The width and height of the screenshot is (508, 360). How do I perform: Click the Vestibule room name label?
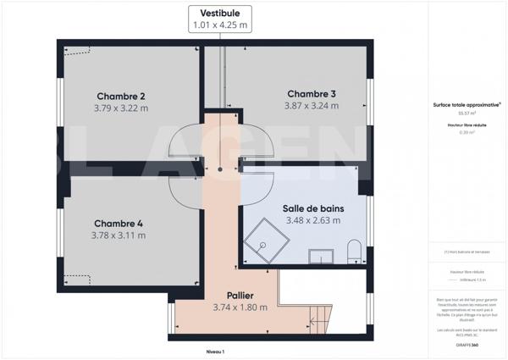pyautogui.click(x=219, y=13)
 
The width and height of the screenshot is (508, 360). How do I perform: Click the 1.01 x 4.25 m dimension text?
pyautogui.click(x=219, y=25)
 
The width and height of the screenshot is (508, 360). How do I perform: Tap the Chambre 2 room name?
pyautogui.click(x=120, y=96)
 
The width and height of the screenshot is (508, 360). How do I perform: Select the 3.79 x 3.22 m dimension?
pyautogui.click(x=120, y=108)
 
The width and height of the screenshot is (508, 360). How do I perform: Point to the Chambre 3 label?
pyautogui.click(x=312, y=93)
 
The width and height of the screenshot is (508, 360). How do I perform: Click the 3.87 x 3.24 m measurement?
pyautogui.click(x=312, y=106)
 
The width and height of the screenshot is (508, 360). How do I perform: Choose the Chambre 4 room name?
pyautogui.click(x=118, y=223)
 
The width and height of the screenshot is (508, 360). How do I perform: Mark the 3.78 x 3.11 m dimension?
pyautogui.click(x=118, y=235)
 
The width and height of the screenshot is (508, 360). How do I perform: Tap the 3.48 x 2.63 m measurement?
pyautogui.click(x=312, y=220)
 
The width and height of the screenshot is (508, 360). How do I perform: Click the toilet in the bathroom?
pyautogui.click(x=354, y=251)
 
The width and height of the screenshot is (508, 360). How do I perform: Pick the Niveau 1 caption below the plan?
pyautogui.click(x=215, y=351)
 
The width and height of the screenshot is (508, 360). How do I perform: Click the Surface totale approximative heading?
pyautogui.click(x=467, y=104)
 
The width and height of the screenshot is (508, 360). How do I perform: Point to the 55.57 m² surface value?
pyautogui.click(x=467, y=113)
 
